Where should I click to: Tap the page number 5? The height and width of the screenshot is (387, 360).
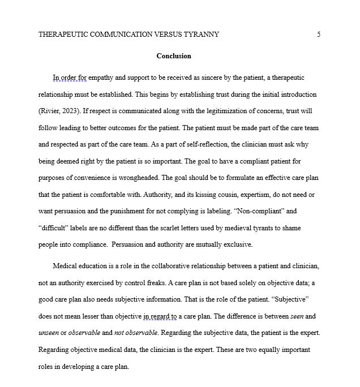point(319,35)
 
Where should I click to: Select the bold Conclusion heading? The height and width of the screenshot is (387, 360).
point(174,56)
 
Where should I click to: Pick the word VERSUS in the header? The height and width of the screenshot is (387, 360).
point(168,35)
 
